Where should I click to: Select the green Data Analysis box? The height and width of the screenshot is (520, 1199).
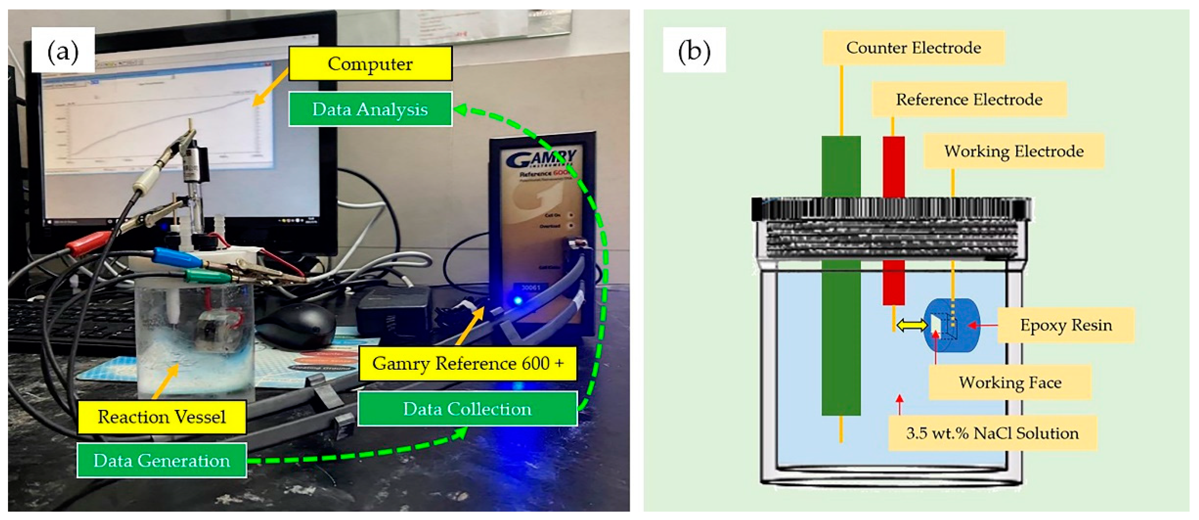pos(370,109)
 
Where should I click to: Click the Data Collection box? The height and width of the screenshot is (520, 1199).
pos(467,409)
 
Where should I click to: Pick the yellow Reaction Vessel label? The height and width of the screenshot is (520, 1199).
pos(162,417)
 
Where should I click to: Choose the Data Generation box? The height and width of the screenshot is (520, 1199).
pos(162,460)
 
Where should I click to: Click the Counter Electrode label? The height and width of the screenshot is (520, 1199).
pos(913,48)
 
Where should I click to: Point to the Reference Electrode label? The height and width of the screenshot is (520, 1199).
pos(969,99)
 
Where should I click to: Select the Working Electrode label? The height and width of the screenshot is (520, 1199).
pos(1014,151)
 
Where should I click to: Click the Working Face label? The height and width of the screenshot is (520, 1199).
pos(1010,382)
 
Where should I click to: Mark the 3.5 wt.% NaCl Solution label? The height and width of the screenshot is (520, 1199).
pos(992,433)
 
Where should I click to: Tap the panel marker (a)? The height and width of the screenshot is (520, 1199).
pos(63,50)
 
